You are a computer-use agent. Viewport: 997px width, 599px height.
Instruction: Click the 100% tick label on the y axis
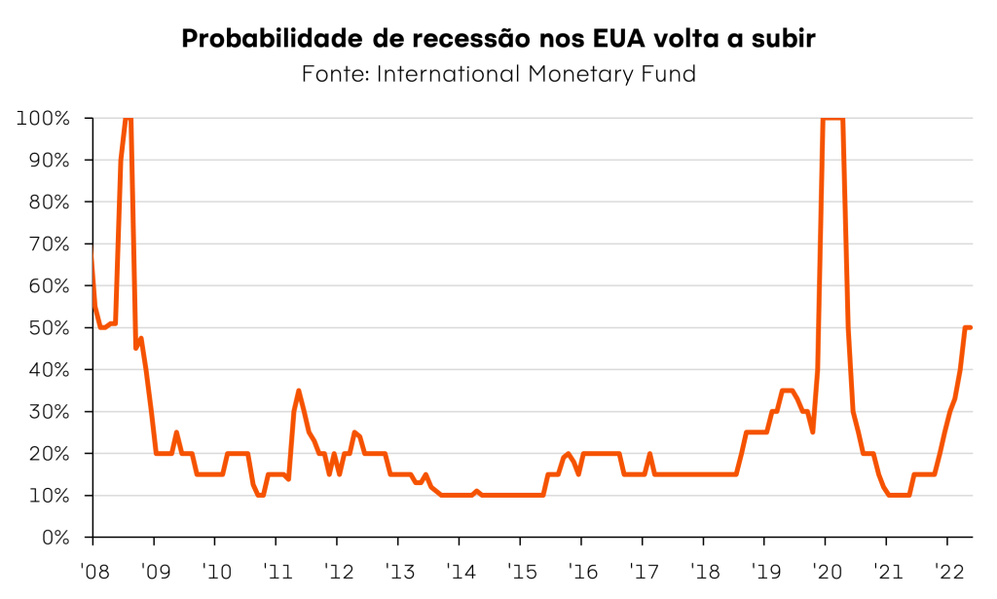[43, 119]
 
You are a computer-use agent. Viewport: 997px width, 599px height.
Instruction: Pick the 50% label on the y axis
[48, 328]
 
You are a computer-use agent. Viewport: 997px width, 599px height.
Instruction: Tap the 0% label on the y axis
[54, 538]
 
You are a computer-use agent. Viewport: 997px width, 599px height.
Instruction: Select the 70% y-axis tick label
[48, 244]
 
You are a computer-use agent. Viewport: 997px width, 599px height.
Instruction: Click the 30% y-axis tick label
[48, 412]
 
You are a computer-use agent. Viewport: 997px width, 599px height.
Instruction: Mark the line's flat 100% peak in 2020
[833, 119]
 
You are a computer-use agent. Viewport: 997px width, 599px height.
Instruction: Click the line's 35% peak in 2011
[299, 391]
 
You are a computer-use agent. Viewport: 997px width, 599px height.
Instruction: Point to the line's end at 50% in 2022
[971, 327]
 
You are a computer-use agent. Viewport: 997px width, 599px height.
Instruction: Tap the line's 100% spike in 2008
[128, 119]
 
